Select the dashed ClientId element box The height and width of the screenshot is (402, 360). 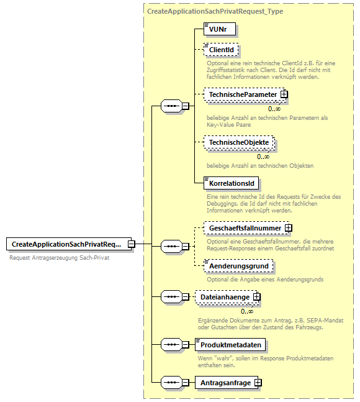tap(222, 50)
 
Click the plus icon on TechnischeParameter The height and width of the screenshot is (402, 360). tap(284, 94)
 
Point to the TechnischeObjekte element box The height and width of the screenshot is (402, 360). tap(239, 142)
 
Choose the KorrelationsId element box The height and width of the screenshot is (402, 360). tap(232, 183)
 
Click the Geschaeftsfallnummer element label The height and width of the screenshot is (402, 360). tap(245, 228)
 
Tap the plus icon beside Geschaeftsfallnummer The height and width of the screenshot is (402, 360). tap(289, 228)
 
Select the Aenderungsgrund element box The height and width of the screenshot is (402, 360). tap(239, 266)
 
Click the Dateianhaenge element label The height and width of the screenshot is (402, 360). tap(225, 298)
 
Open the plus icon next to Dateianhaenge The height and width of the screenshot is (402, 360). tap(257, 298)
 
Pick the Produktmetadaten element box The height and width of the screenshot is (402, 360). tap(233, 344)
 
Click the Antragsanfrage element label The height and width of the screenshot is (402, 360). tap(225, 383)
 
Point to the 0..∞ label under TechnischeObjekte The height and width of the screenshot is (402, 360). tap(263, 157)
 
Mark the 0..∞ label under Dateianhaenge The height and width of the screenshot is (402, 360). tap(248, 311)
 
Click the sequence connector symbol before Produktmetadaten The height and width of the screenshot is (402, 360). tap(171, 344)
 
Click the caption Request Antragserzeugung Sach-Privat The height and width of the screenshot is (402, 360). tap(60, 258)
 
